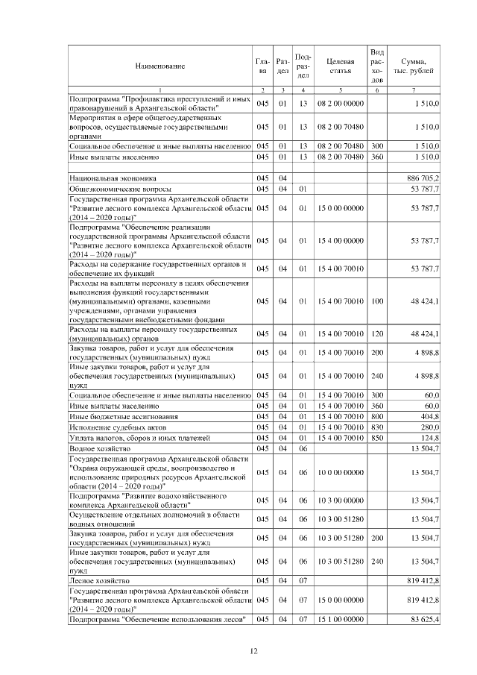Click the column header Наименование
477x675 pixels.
[159, 66]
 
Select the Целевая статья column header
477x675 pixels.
[340, 66]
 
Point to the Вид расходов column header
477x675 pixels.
[377, 66]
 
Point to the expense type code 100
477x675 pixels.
[377, 301]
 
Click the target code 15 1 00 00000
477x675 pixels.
[340, 620]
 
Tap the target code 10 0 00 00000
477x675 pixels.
[340, 472]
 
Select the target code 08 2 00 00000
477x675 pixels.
[340, 103]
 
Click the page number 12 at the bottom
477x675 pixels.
[253, 652]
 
